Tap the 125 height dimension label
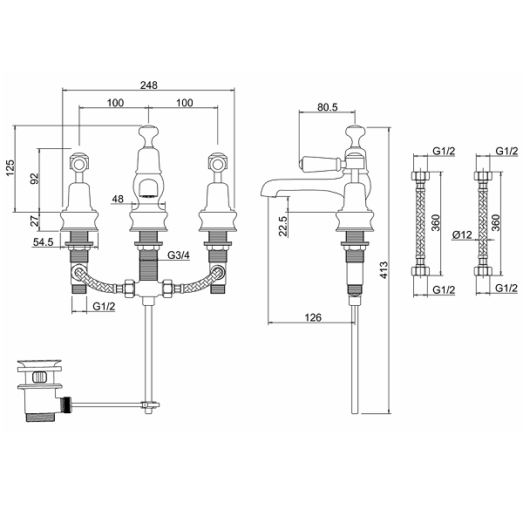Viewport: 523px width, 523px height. tap(11, 166)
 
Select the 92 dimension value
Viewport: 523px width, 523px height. tap(36, 180)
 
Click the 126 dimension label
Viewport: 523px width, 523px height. tap(313, 317)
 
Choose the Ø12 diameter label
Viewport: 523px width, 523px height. tap(463, 235)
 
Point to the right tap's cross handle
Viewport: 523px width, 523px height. tap(215, 161)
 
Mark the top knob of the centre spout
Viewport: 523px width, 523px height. tap(150, 135)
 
